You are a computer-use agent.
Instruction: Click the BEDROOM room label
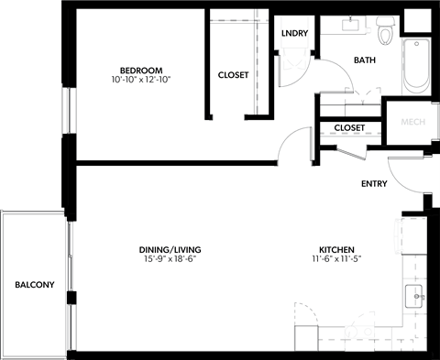(x=141, y=71)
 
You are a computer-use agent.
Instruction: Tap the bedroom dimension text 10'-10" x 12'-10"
(x=141, y=81)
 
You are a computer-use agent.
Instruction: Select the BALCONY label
(x=34, y=285)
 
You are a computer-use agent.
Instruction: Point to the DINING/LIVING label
(x=170, y=250)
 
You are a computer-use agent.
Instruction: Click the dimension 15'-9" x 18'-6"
(x=170, y=260)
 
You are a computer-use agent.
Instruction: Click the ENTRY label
(x=374, y=184)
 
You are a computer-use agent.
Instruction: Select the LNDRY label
(x=294, y=34)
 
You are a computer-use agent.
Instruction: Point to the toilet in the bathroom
(x=385, y=32)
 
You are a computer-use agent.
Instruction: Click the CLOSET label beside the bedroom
(x=233, y=75)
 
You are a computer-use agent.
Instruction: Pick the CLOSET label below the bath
(x=349, y=128)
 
